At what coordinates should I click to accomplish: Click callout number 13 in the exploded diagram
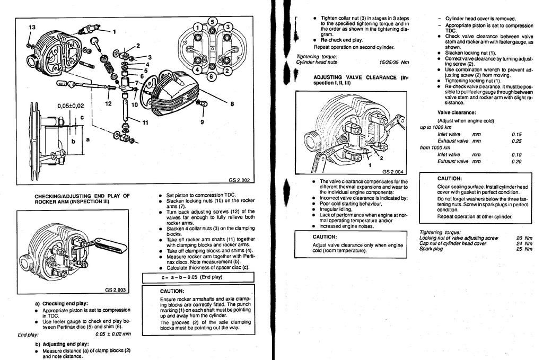tap(32, 27)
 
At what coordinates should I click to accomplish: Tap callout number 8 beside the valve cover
tap(232, 104)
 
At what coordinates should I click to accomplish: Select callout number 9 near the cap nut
tap(202, 122)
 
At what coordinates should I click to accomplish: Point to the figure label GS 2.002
tap(240, 179)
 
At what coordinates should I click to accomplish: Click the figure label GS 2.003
tap(115, 290)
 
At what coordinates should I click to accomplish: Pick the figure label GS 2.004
tap(392, 172)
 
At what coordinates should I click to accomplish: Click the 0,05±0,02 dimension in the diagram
tap(71, 106)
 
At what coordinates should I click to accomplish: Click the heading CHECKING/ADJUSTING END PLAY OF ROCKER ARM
tap(82, 199)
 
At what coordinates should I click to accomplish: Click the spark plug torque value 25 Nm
tap(524, 249)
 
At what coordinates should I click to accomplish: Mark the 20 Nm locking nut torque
tap(524, 238)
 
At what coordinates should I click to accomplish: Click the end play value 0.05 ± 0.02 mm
tap(113, 335)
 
